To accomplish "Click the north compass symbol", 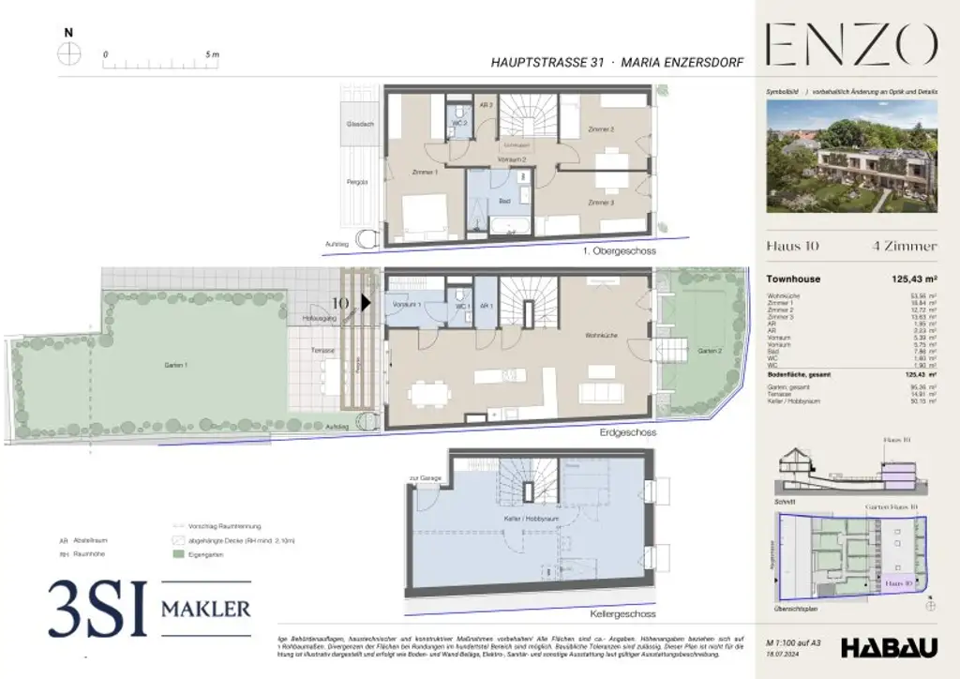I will point(68,53).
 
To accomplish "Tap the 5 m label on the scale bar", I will point(212,54).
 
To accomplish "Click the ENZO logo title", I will point(851,44).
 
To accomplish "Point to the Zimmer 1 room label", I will point(425,173).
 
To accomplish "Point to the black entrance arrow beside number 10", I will point(367,303).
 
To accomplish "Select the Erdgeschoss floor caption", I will point(628,433).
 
